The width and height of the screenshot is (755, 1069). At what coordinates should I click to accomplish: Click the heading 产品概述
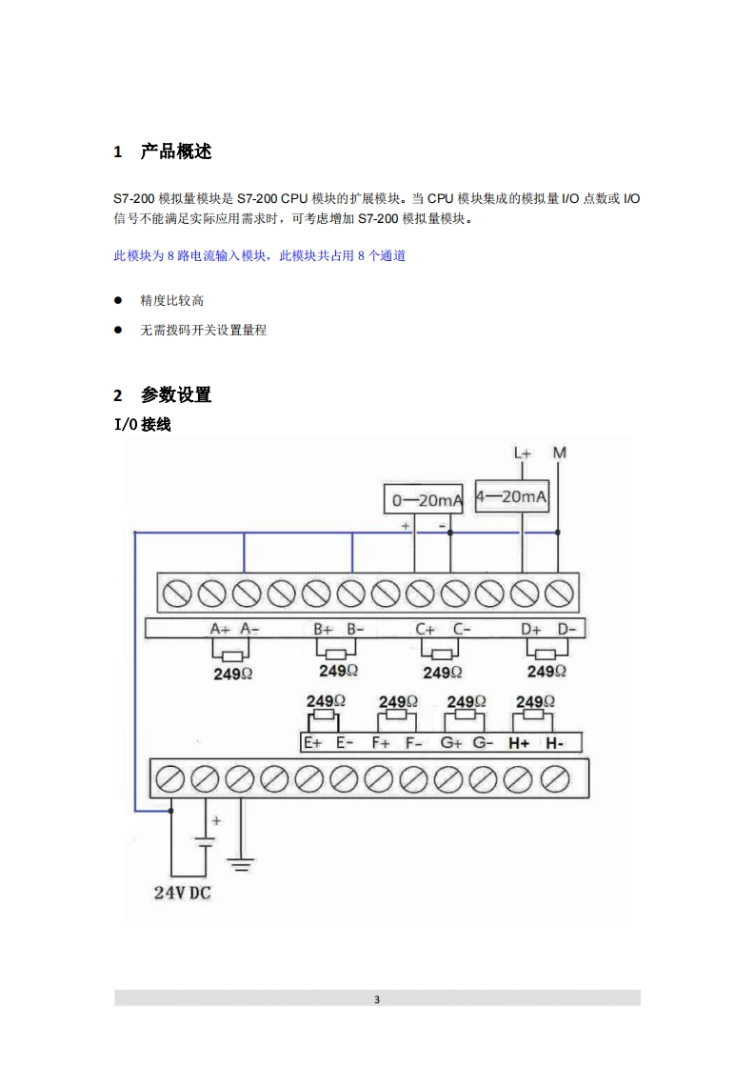(x=175, y=151)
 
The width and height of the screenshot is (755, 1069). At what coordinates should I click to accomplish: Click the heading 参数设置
(x=175, y=394)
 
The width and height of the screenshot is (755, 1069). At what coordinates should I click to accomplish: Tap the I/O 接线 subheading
(x=142, y=425)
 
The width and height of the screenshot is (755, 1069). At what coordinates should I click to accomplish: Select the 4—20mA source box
(x=511, y=496)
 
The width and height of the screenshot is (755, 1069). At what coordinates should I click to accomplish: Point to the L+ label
(x=523, y=454)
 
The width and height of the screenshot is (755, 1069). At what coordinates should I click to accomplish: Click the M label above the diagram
(x=559, y=453)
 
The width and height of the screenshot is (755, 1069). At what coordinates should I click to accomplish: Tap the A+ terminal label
(x=220, y=629)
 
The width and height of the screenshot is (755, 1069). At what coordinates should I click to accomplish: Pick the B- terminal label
(x=355, y=629)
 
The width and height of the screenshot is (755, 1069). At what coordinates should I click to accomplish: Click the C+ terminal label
(x=425, y=629)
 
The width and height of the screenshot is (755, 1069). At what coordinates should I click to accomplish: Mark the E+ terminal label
(x=312, y=743)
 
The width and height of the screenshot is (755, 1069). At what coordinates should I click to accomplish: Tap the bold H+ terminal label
(x=519, y=743)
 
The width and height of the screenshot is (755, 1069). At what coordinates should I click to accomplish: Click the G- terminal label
(x=483, y=743)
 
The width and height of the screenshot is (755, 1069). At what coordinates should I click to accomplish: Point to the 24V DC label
(x=183, y=894)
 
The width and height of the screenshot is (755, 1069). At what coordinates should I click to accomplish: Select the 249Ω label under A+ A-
(x=233, y=674)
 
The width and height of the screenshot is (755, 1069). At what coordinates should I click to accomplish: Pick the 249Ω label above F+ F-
(x=398, y=702)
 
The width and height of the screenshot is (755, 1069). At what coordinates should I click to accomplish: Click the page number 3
(x=377, y=999)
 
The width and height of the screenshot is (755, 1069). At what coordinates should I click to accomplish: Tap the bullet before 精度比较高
(x=119, y=301)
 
